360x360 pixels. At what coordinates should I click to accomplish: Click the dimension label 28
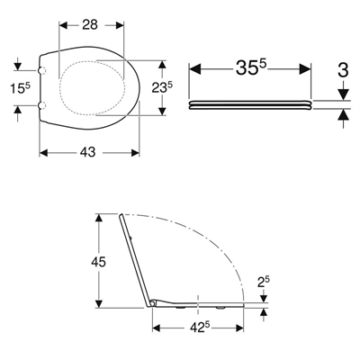90,24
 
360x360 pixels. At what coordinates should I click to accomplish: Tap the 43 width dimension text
87,152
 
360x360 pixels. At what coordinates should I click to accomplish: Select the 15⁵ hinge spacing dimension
21,88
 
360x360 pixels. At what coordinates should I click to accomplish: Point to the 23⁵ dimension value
162,88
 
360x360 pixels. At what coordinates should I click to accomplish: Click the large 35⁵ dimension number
251,67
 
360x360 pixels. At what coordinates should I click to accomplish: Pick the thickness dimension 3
343,69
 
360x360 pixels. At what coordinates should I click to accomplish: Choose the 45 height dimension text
98,262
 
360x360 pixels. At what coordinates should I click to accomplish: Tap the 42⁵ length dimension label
199,328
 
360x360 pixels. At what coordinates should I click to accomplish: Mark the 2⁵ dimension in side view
263,283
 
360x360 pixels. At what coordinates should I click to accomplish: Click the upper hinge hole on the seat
42,70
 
